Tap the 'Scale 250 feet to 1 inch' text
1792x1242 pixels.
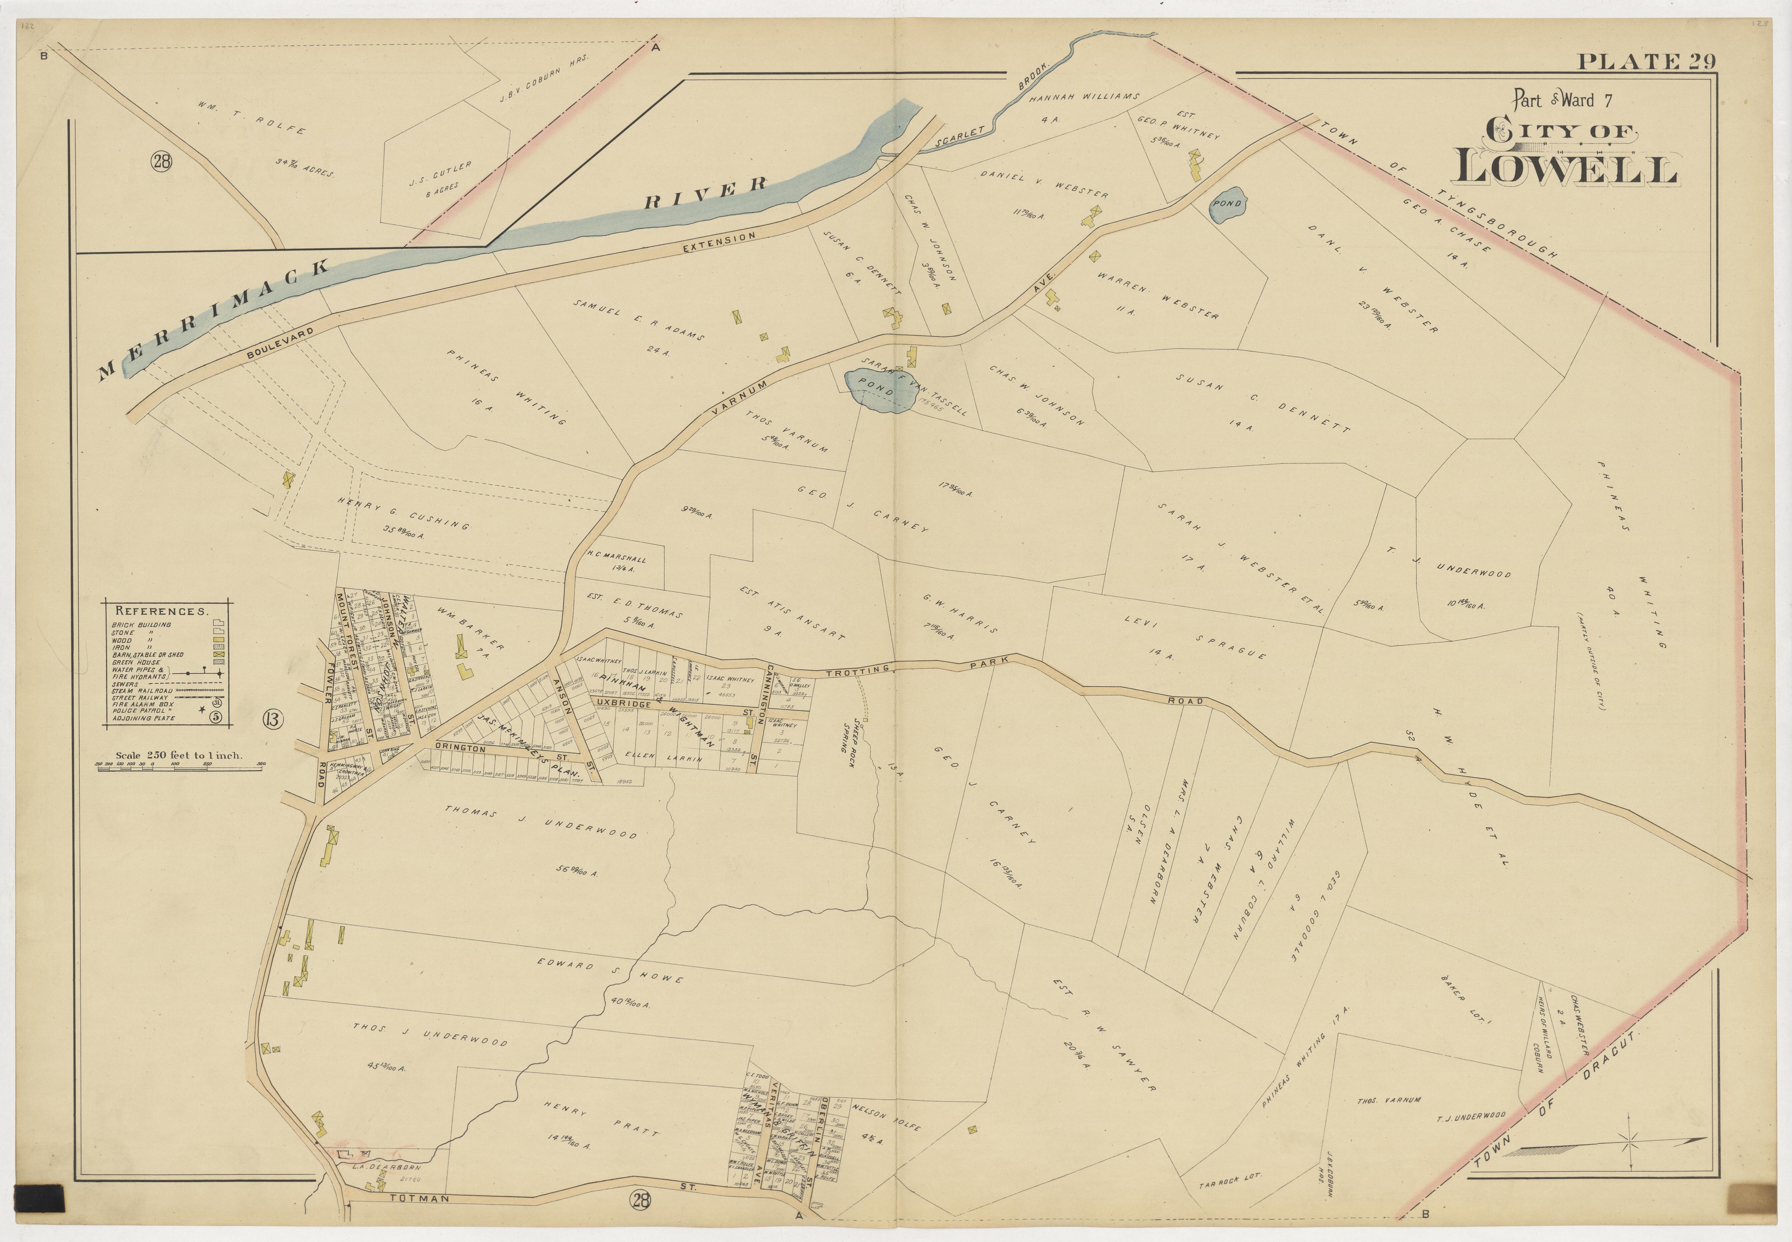179,755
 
